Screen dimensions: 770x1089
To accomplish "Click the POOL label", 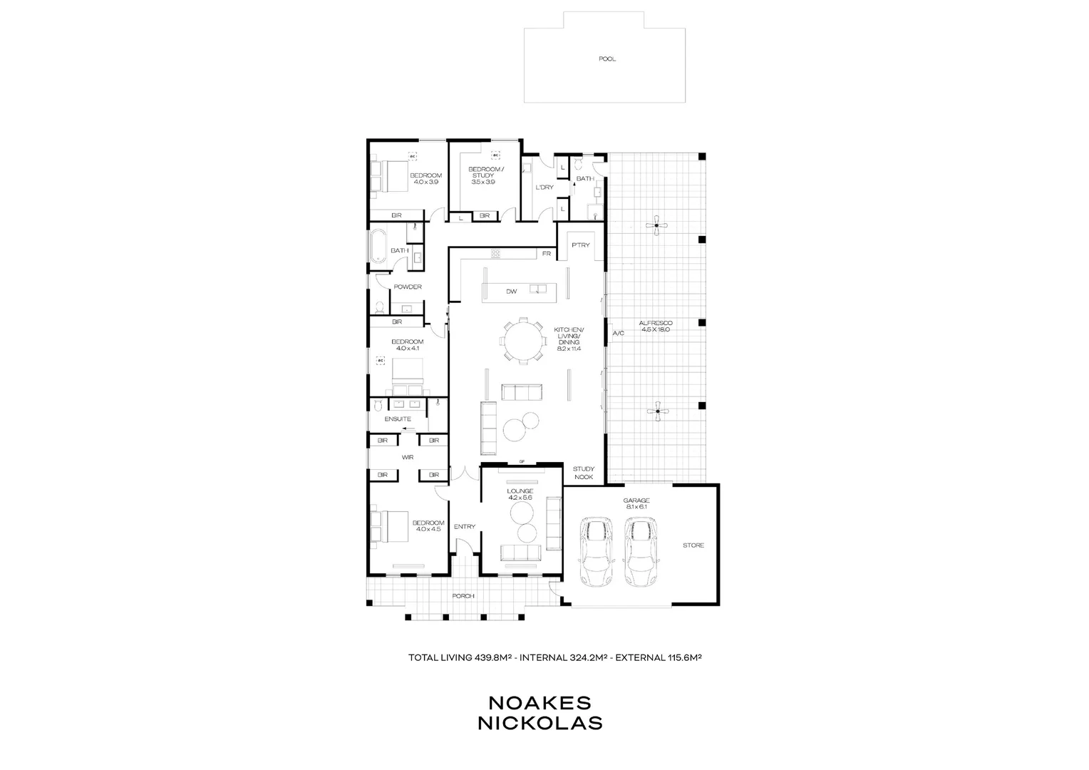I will (x=607, y=59).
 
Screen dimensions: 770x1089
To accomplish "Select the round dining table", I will (x=524, y=341).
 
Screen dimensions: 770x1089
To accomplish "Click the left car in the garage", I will (x=597, y=551).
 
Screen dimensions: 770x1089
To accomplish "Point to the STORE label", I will (x=693, y=545).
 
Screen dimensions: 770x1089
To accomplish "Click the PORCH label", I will (x=463, y=596).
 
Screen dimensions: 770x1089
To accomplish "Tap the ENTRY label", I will (x=464, y=527).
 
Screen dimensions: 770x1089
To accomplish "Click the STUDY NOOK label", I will (x=584, y=473).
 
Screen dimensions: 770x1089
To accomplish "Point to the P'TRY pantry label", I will (x=581, y=245).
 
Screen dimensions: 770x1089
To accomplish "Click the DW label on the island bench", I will (x=511, y=291).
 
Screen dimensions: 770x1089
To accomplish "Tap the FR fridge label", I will (x=547, y=253).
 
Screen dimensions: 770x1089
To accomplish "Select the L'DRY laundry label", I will (x=544, y=188).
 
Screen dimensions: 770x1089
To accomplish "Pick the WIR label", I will (x=408, y=457).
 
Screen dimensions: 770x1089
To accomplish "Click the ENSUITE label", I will (x=398, y=419).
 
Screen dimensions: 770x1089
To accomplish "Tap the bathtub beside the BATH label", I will (x=378, y=250).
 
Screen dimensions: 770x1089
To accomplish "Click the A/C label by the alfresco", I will (x=618, y=333).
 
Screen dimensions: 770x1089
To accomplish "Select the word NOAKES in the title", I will (x=540, y=703).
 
